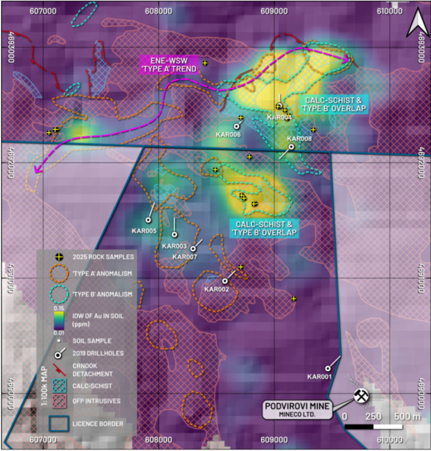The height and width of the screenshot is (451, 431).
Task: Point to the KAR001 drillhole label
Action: click(x=319, y=377)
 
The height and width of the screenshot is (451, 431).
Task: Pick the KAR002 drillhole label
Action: click(x=216, y=289)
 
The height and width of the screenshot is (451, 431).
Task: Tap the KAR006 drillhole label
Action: click(x=228, y=135)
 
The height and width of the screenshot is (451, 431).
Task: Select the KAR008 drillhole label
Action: click(x=299, y=138)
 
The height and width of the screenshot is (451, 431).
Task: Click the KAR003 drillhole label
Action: click(x=174, y=246)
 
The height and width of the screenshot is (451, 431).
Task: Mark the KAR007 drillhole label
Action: click(x=185, y=256)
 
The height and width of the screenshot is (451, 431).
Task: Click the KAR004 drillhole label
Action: click(x=279, y=117)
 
